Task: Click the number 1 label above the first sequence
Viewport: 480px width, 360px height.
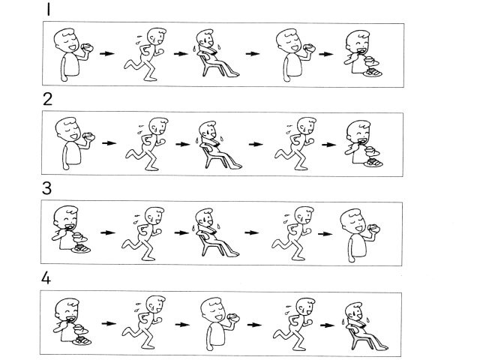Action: (x=48, y=9)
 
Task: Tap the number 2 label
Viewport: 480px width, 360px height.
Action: (x=47, y=99)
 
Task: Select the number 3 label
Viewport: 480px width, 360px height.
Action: (x=46, y=188)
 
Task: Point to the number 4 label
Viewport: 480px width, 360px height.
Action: (x=46, y=278)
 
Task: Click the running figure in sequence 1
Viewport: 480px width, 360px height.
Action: (x=145, y=55)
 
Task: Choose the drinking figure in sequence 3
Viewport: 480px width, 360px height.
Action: (x=360, y=235)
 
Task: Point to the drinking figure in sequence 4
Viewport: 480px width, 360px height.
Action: (x=220, y=324)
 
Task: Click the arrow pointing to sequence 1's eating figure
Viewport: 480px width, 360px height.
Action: (x=325, y=54)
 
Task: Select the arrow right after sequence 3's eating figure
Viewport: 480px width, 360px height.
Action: (x=108, y=232)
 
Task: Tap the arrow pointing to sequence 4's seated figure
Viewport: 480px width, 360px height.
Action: (x=328, y=325)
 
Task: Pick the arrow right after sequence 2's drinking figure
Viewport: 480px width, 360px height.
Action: (x=109, y=143)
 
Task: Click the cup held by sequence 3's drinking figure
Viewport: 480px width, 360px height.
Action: (x=374, y=228)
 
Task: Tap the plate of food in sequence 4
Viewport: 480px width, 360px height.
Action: (x=82, y=340)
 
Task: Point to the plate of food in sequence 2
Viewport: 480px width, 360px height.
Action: (x=373, y=163)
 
